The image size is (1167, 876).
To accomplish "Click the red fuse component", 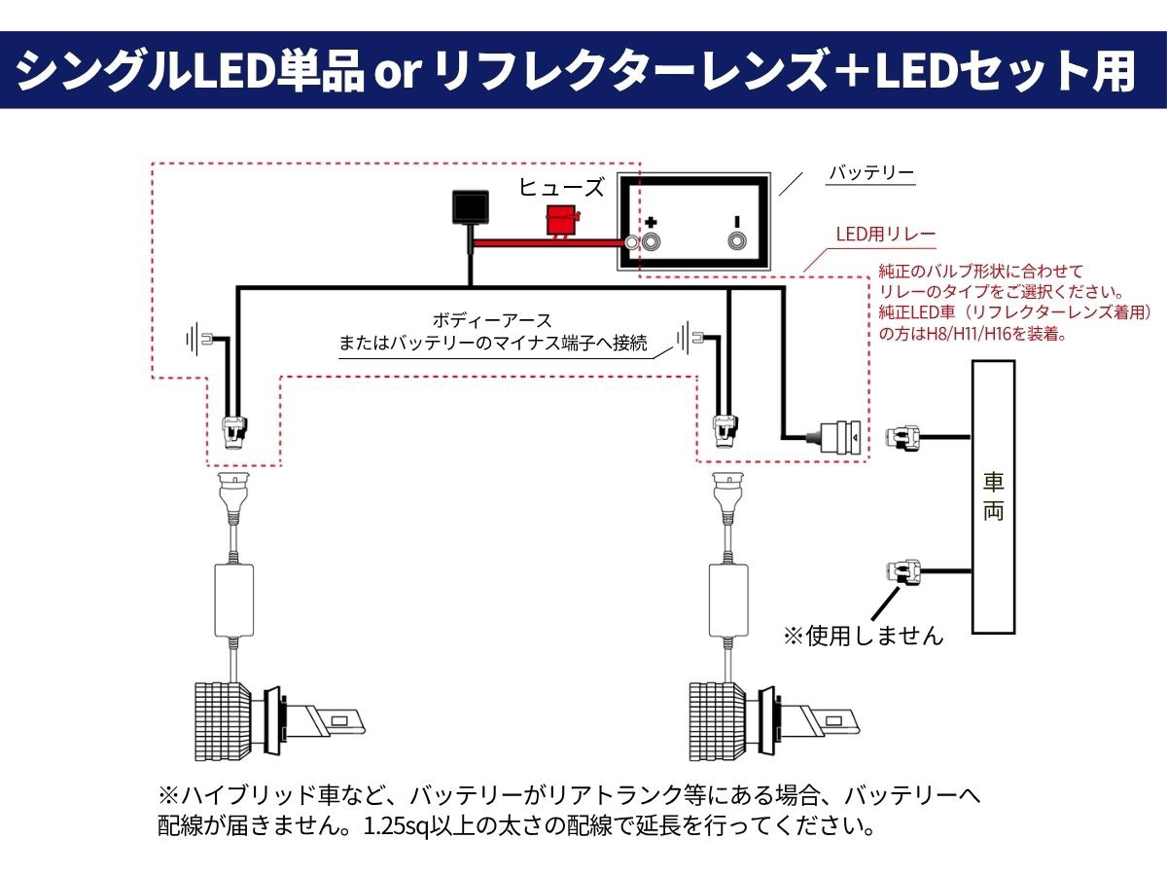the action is coord(562,221).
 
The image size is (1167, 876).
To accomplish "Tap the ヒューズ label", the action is coord(561,187).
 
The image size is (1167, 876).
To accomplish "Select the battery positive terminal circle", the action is coord(651,242).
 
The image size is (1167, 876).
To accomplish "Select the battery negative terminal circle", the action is coord(736,241).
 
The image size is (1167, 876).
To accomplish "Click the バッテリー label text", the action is coord(871,173).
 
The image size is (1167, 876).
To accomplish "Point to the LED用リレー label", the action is coord(886,234).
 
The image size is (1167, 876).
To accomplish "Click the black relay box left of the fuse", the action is coord(471,207).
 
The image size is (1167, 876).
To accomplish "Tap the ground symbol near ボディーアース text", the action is coord(690,337).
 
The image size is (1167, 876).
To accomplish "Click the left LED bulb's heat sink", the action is coord(223,720).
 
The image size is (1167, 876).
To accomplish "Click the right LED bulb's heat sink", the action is coord(717,720).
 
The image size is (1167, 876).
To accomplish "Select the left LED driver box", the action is coord(234,601).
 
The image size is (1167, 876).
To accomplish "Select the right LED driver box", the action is coord(728,601).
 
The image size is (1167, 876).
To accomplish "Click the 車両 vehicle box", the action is coord(993,496).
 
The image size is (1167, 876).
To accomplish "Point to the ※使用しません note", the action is coord(864,636).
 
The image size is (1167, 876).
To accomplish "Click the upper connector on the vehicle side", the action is coord(902,438).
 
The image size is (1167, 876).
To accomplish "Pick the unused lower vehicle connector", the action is coord(902,572).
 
